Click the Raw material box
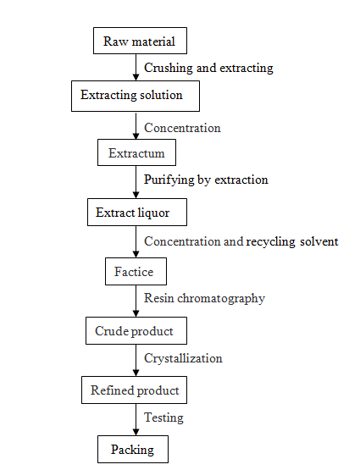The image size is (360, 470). [140, 41]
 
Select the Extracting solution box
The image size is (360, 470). [136, 96]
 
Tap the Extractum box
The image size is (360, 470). [136, 152]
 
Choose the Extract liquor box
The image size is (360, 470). [137, 212]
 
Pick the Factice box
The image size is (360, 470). [136, 271]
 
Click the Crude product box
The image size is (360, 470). [136, 330]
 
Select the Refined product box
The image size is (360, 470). [135, 390]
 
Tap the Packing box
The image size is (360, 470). [133, 449]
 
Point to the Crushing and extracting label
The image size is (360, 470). [208, 68]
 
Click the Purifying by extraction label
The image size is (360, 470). [206, 180]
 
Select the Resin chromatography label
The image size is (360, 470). [204, 299]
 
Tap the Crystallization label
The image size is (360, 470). [183, 358]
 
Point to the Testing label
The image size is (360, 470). [163, 417]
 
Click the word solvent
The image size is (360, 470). [319, 241]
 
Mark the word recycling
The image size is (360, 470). [270, 242]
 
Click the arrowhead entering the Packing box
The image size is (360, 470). [136, 432]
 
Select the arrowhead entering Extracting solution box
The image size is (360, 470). [136, 77]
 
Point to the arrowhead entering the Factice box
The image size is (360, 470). [136, 254]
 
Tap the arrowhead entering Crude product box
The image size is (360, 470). [136, 313]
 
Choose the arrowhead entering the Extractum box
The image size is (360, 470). [136, 135]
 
